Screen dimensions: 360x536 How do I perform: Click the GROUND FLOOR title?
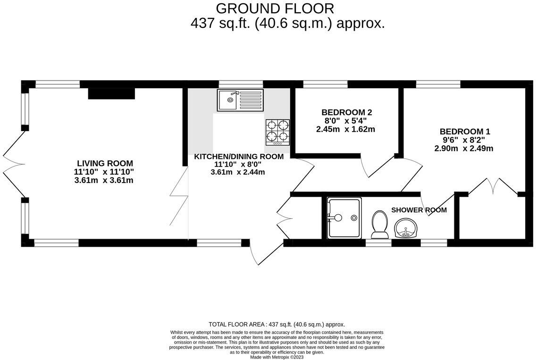[275, 8]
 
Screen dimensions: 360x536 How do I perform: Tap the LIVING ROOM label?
[105, 163]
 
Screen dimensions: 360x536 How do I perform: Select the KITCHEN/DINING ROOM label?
[239, 157]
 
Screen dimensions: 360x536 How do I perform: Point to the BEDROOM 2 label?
[347, 112]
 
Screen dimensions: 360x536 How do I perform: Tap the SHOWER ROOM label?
[419, 210]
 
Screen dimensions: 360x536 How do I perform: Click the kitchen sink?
[240, 100]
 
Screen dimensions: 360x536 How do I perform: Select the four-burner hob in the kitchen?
[277, 131]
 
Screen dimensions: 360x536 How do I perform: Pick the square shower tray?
[344, 218]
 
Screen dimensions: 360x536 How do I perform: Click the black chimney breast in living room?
[111, 93]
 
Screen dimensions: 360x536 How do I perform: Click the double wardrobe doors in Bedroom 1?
[493, 186]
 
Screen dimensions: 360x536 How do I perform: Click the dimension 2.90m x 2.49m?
[464, 149]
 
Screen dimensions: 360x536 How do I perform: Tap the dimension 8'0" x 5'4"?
[346, 121]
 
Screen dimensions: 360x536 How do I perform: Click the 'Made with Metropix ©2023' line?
[277, 357]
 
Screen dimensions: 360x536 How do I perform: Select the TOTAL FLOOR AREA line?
[277, 324]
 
